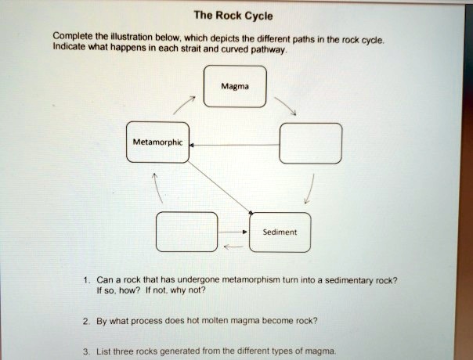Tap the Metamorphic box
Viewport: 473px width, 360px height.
pos(157,142)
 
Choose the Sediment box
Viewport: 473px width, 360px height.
pos(280,232)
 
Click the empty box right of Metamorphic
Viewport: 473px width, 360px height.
pos(310,143)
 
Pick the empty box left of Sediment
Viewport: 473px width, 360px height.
pos(182,232)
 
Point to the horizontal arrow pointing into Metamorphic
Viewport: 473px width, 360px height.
pos(235,145)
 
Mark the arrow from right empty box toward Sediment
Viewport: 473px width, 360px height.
pos(312,188)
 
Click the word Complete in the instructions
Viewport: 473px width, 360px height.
pos(70,37)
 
